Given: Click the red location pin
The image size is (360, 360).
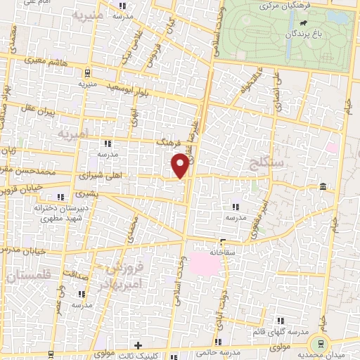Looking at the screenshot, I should [180, 165].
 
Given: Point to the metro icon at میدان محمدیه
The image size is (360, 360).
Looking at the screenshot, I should [321, 344].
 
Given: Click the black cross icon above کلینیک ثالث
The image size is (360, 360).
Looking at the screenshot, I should [138, 345].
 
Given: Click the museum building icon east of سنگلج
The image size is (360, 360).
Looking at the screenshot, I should [322, 186].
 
